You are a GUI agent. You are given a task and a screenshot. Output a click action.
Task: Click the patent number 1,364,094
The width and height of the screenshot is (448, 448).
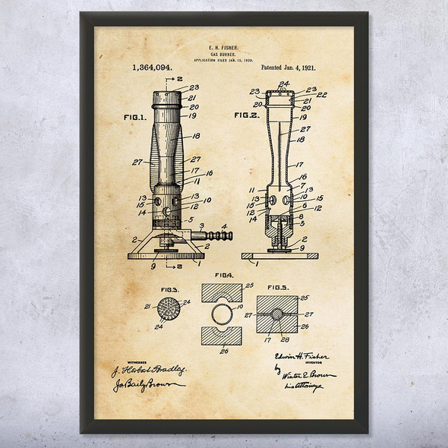pos(152,68)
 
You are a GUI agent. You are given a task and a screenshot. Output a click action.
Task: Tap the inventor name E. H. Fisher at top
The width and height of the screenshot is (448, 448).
pos(224,46)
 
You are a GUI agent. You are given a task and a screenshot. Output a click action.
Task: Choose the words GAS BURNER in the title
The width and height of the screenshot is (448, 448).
pos(224,55)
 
